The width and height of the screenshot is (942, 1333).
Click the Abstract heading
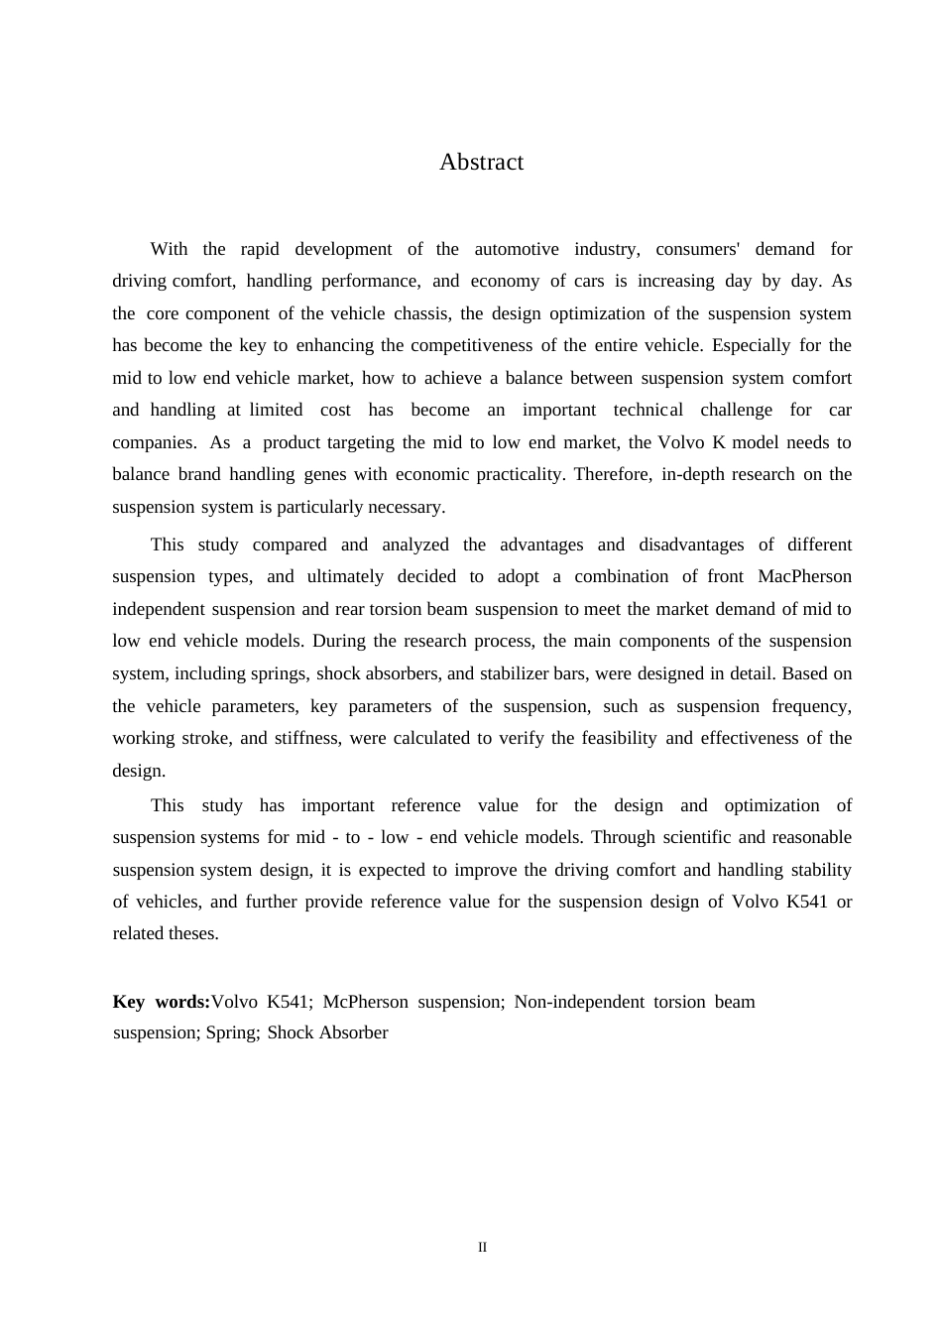[481, 163]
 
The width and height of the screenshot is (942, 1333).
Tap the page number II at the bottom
[482, 1248]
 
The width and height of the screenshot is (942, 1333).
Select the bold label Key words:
[162, 1002]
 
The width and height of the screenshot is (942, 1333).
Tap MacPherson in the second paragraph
[804, 576]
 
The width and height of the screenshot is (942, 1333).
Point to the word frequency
[814, 706]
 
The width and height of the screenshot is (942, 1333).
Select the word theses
[193, 933]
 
